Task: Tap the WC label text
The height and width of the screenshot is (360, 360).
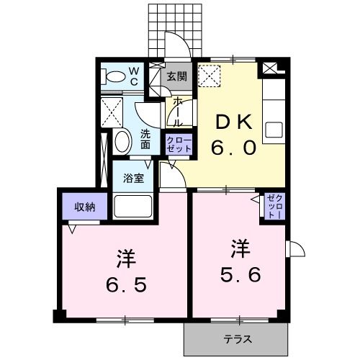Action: [135, 76]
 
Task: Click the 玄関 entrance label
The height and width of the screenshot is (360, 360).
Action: [177, 76]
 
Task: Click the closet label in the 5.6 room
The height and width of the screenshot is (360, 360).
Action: [275, 206]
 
